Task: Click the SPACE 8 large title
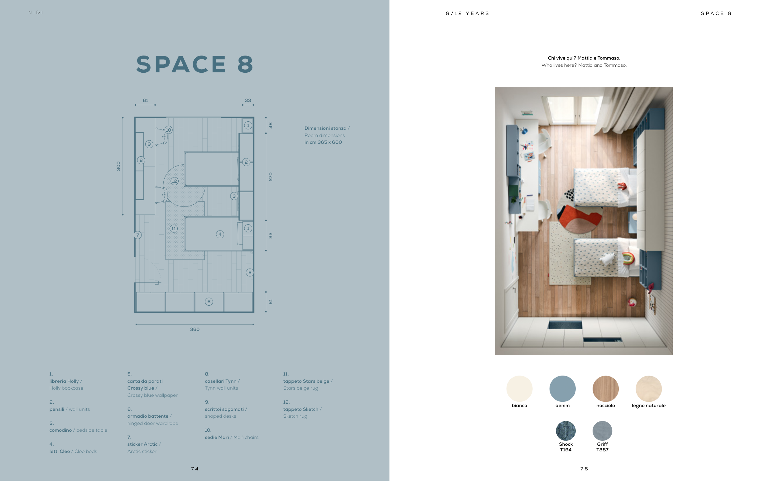pos(195,64)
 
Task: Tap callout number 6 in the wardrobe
pos(209,302)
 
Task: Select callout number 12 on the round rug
pos(175,181)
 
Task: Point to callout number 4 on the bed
pos(220,235)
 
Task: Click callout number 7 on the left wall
pos(137,235)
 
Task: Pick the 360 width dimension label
pos(195,329)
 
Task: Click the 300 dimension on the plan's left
pos(118,166)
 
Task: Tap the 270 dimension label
pos(271,177)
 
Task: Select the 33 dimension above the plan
pos(248,100)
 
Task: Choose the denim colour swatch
pos(562,388)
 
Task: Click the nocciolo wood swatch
pos(605,388)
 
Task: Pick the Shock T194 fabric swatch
pos(566,431)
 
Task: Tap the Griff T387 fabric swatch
pos(602,431)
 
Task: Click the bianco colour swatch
pos(519,388)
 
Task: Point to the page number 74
pos(195,469)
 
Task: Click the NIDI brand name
pos(36,12)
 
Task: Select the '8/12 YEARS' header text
pos(468,13)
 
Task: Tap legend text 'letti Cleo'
pos(60,451)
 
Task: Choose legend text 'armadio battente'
pos(148,416)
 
